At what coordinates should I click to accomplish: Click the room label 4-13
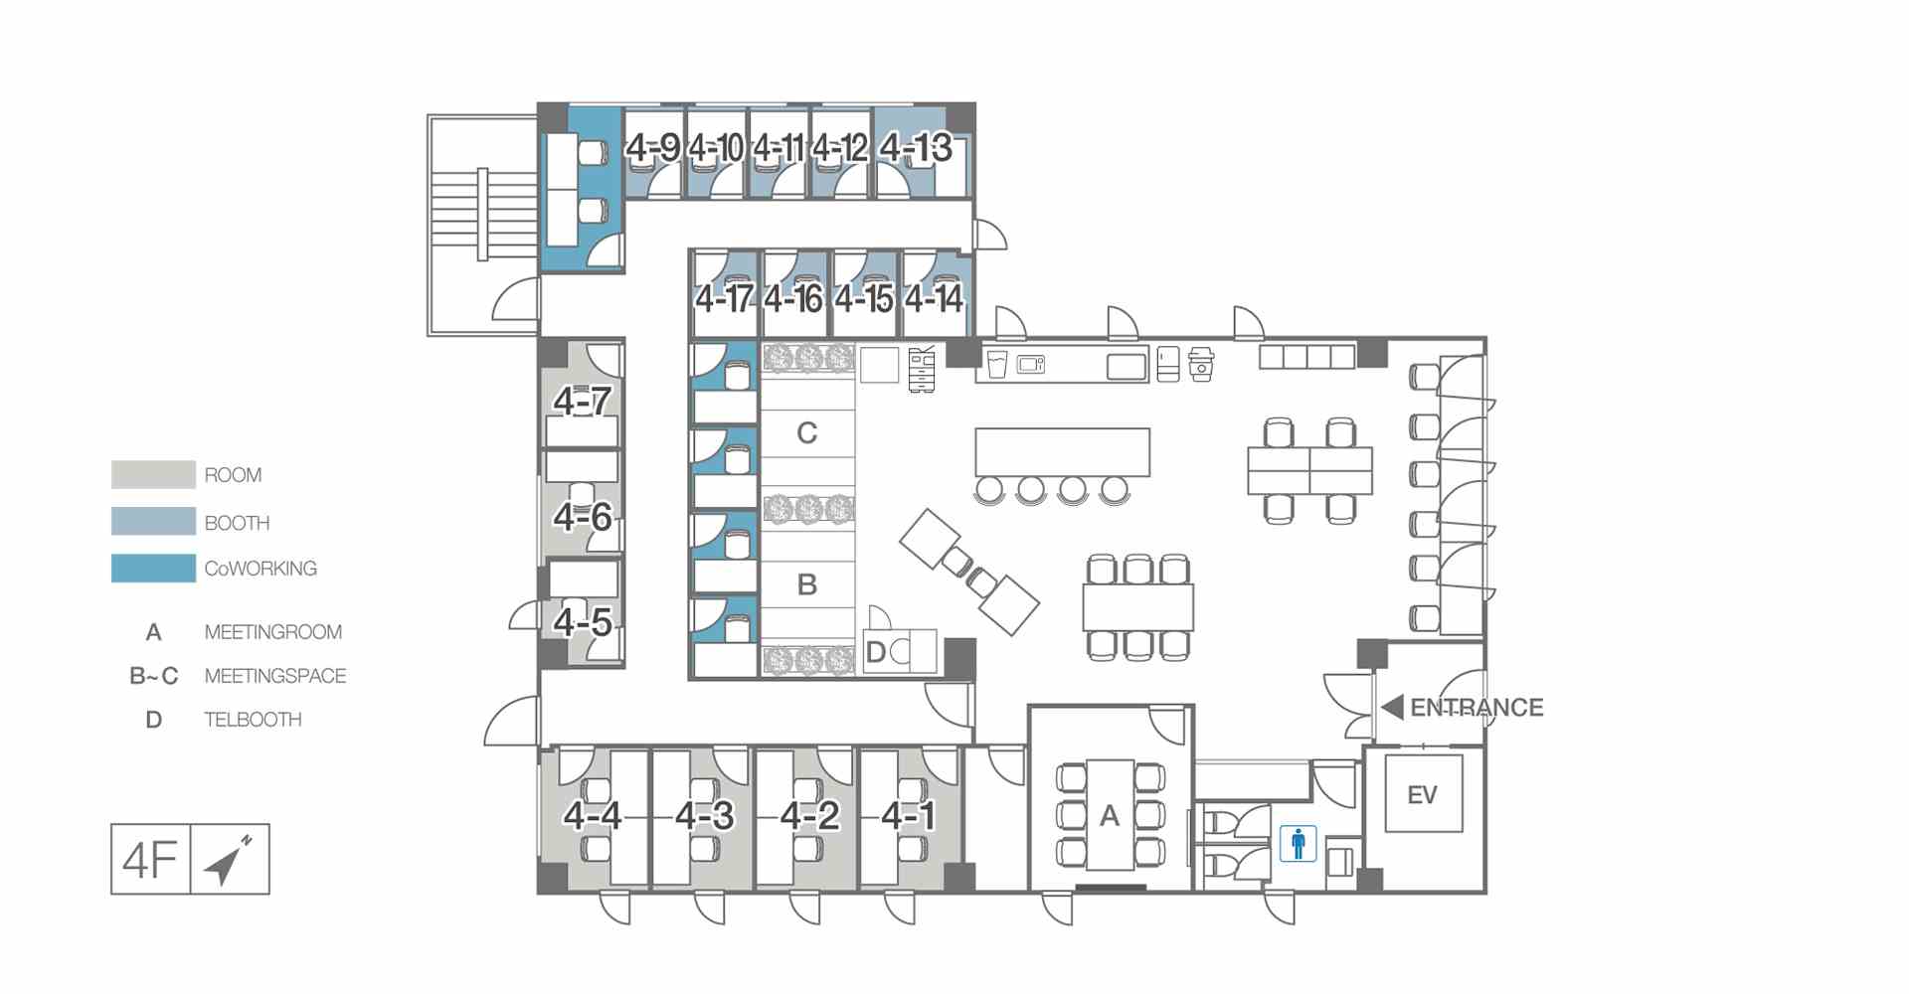pos(916,148)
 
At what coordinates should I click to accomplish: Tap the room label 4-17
pos(724,298)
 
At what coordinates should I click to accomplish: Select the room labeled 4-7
pos(583,402)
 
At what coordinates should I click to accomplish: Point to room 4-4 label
pos(593,816)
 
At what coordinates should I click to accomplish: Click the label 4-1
pos(909,816)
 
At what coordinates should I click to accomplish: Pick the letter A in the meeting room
pos(1110,816)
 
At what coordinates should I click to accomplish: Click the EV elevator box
pos(1422,794)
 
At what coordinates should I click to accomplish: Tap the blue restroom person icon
pos(1298,844)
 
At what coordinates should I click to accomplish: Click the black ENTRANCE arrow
pos(1393,708)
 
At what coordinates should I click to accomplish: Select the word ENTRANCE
pos(1476,708)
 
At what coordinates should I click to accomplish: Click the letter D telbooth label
pos(876,652)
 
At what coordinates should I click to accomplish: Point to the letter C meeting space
pos(806,433)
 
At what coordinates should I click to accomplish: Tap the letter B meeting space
pos(806,584)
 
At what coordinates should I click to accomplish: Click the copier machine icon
pos(923,369)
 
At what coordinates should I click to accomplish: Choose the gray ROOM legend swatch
pos(153,474)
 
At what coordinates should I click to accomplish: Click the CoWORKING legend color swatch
pos(153,568)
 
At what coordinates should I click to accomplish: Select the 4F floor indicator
pos(150,859)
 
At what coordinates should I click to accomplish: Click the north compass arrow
pos(228,860)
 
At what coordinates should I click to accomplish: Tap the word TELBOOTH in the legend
pos(253,720)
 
